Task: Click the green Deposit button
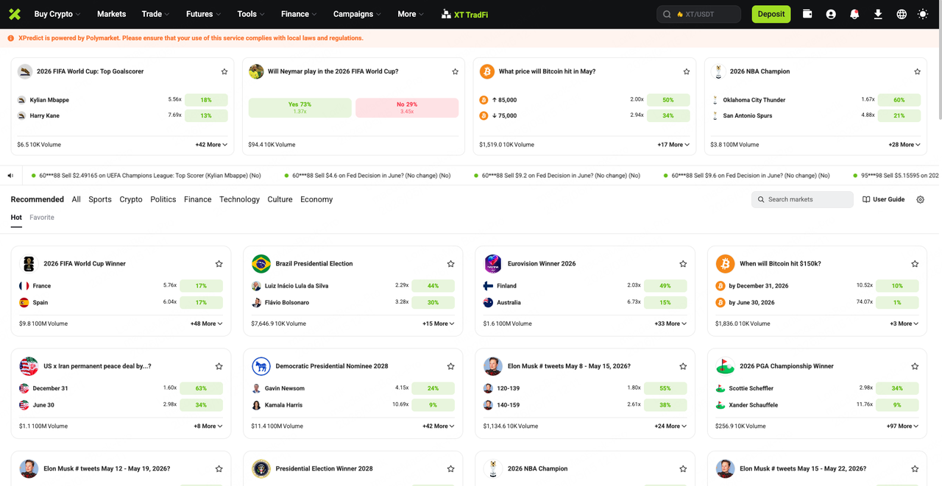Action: [x=771, y=14]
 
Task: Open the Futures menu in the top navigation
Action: [x=203, y=14]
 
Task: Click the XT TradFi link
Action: [x=464, y=15]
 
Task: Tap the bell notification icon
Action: [x=854, y=14]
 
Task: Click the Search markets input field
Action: [x=802, y=199]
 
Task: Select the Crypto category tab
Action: [x=131, y=199]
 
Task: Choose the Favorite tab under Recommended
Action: [x=42, y=217]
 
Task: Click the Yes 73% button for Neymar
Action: [x=300, y=107]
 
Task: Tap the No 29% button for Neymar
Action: [x=407, y=107]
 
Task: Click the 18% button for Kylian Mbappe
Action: [x=206, y=100]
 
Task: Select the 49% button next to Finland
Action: [x=665, y=285]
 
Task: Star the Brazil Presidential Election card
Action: [x=450, y=264]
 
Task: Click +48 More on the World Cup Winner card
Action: [x=206, y=324]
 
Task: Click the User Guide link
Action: [x=883, y=199]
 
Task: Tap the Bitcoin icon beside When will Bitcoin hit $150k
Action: [x=725, y=264]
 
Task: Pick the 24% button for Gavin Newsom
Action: [x=433, y=388]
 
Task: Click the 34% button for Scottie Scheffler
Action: [x=897, y=388]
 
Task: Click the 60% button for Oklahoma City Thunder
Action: [x=899, y=100]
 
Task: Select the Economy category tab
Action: [x=316, y=199]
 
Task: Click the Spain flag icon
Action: [x=24, y=302]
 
